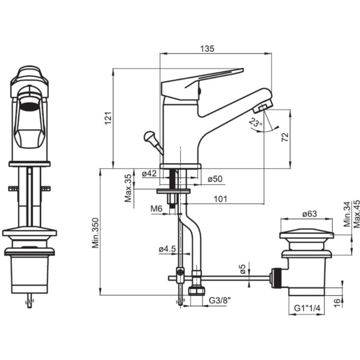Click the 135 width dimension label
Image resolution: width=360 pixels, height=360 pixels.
tap(207, 49)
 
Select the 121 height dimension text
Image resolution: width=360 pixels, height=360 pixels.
tap(108, 118)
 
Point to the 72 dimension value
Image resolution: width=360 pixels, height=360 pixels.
tap(285, 137)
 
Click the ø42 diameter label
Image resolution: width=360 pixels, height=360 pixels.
tap(149, 173)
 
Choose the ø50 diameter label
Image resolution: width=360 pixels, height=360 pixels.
tap(215, 179)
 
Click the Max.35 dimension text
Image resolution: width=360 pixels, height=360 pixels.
tap(128, 188)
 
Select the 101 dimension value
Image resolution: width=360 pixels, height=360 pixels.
tap(220, 199)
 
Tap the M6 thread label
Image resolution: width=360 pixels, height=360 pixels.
tap(156, 209)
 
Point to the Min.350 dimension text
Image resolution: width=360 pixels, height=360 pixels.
tap(96, 233)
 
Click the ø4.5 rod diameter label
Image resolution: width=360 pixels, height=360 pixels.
tap(167, 249)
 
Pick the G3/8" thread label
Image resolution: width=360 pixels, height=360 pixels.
tap(220, 301)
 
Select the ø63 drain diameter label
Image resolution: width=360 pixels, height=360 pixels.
tap(310, 214)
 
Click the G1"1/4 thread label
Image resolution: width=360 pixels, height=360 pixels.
tap(307, 308)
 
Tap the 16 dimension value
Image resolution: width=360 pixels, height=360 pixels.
tap(336, 303)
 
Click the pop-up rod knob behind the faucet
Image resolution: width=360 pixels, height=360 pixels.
tap(149, 136)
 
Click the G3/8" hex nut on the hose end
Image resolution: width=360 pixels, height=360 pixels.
tap(197, 291)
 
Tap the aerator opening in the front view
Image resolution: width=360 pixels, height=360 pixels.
tap(29, 106)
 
